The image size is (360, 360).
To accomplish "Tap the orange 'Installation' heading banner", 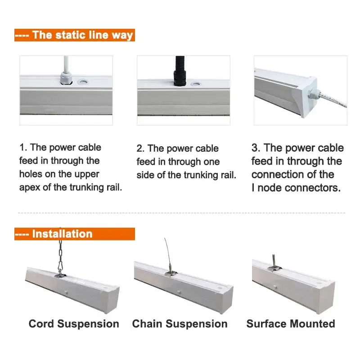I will click(74, 234).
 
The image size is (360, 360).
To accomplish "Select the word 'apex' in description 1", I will click(31, 187).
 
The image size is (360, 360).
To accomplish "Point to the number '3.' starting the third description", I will click(256, 148).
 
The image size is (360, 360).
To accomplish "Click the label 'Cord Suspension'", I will click(74, 324).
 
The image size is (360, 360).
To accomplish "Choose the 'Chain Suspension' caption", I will click(180, 324).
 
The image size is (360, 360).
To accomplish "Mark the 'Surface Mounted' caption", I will click(291, 324).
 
